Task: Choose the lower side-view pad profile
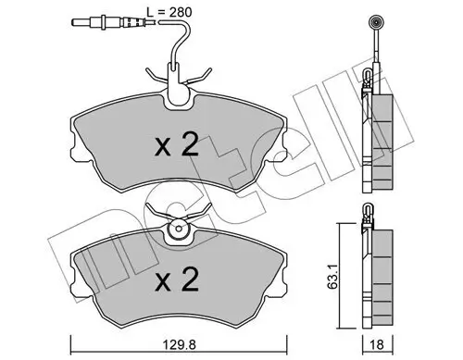click(378, 278)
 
